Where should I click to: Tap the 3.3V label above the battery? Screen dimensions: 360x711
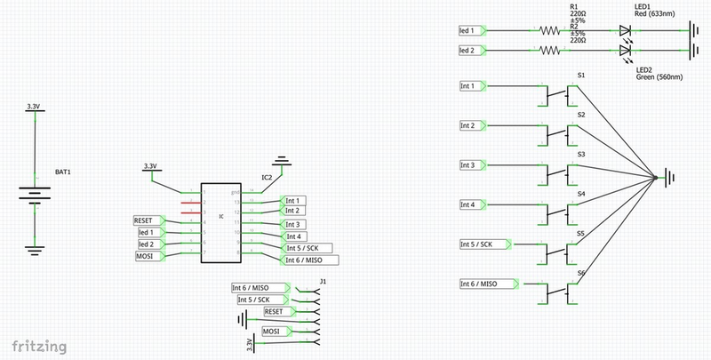click(34, 107)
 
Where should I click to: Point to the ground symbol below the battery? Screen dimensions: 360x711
click(34, 250)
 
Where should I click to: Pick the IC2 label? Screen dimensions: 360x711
click(267, 178)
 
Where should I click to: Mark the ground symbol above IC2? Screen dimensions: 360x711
click(283, 162)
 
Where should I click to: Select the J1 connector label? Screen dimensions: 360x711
click(324, 282)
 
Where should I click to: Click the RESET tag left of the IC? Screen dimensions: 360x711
click(147, 220)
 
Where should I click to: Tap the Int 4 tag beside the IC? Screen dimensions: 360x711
click(296, 236)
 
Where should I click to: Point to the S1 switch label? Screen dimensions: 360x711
click(580, 76)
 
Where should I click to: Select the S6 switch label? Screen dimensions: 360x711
click(580, 272)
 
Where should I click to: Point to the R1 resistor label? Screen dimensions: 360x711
click(573, 5)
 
